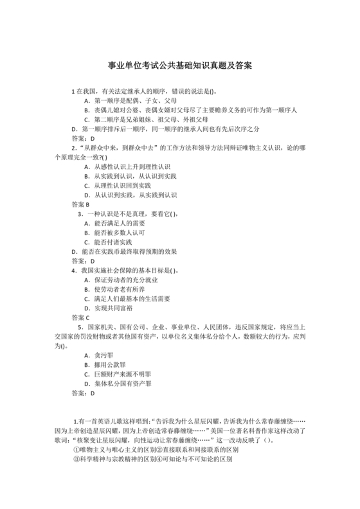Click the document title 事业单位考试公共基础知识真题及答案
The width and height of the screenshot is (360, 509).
[179, 66]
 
